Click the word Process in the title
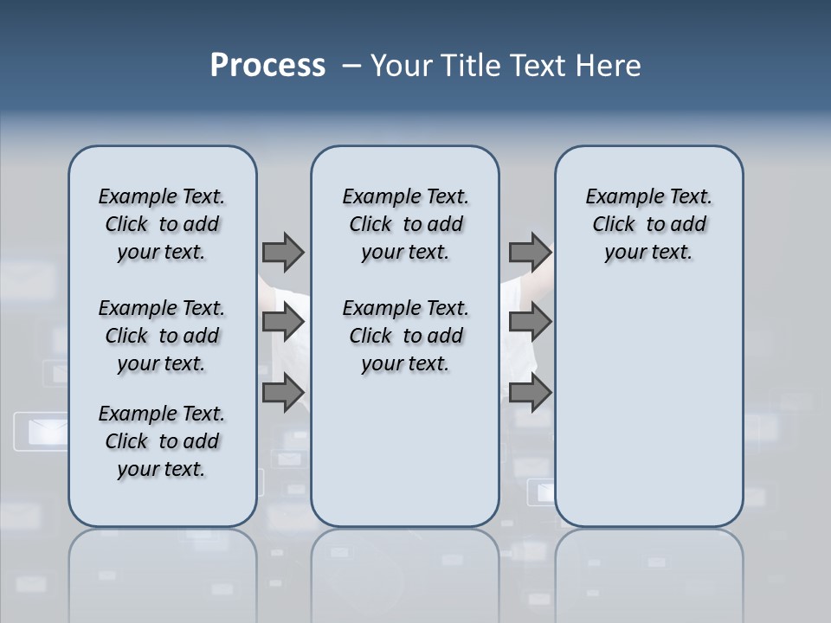pyautogui.click(x=267, y=66)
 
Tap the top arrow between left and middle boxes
pyautogui.click(x=283, y=252)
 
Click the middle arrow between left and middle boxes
pyautogui.click(x=283, y=322)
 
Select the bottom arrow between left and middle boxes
pyautogui.click(x=283, y=393)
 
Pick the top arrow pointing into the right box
pyautogui.click(x=530, y=252)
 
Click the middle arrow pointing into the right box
pyautogui.click(x=530, y=322)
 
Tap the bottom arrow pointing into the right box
pyautogui.click(x=530, y=393)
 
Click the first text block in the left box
pyautogui.click(x=162, y=224)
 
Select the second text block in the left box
pyautogui.click(x=162, y=336)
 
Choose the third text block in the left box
pyautogui.click(x=162, y=441)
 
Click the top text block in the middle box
pyautogui.click(x=405, y=224)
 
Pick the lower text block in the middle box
pyautogui.click(x=405, y=336)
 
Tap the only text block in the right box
pyautogui.click(x=648, y=224)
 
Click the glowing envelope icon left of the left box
pyautogui.click(x=40, y=431)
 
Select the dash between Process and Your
pyautogui.click(x=351, y=66)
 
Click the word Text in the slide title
pyautogui.click(x=540, y=66)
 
